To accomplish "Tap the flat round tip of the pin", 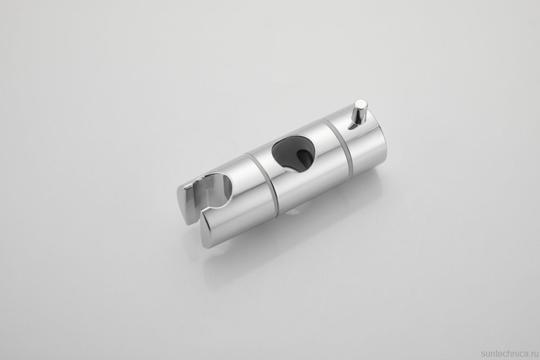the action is (x=361, y=104).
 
